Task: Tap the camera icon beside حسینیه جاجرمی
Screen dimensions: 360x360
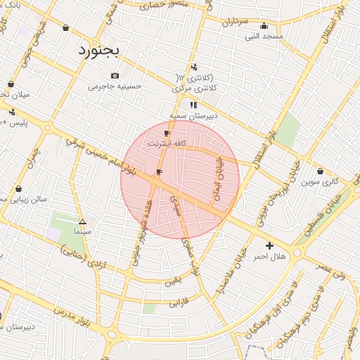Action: (115, 75)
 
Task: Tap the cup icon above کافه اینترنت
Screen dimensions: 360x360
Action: (167, 133)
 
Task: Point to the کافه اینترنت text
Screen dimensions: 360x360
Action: (167, 143)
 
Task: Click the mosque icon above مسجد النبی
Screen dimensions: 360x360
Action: (264, 26)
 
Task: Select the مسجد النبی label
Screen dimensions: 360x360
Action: (264, 36)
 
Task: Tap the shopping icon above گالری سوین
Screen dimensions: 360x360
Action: (321, 171)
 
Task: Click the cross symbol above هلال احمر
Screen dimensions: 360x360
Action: (269, 245)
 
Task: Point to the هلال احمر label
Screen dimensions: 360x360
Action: (269, 257)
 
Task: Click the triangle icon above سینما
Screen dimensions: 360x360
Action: (82, 221)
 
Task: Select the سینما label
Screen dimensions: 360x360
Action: (82, 231)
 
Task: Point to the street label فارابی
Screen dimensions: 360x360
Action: (175, 304)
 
